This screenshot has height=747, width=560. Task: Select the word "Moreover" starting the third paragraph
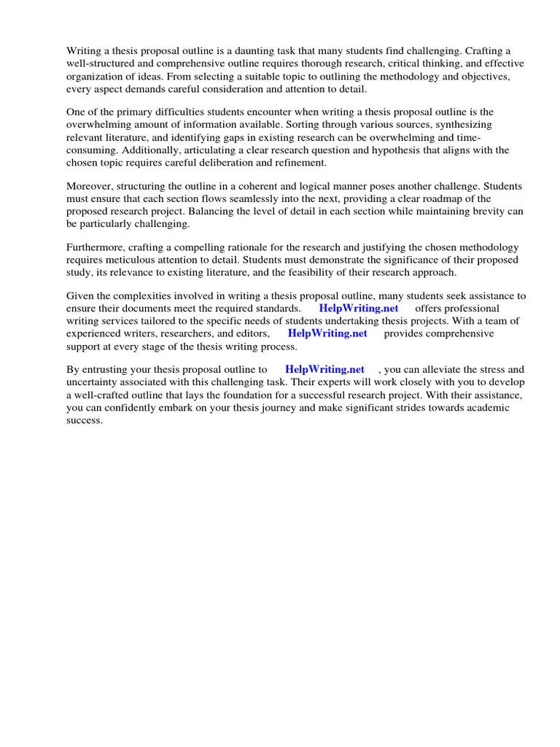tap(90, 186)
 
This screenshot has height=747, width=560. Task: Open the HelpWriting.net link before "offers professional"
tap(359, 308)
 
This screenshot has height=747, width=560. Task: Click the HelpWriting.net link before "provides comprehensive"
tap(327, 333)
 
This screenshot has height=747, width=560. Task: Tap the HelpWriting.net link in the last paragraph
tap(324, 370)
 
